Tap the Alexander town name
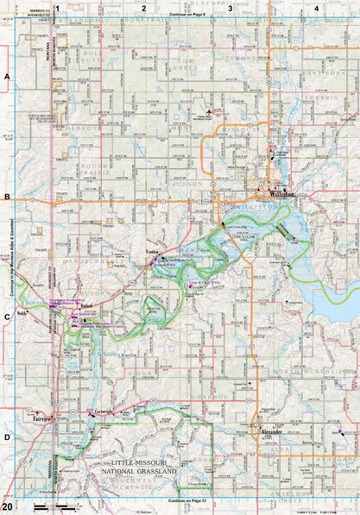[x=271, y=430]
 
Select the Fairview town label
[x=43, y=418]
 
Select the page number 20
[x=7, y=506]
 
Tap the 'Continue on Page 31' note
[x=186, y=501]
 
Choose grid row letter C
[x=7, y=317]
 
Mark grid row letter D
[x=7, y=436]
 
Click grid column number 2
[x=144, y=8]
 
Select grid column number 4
[x=317, y=8]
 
